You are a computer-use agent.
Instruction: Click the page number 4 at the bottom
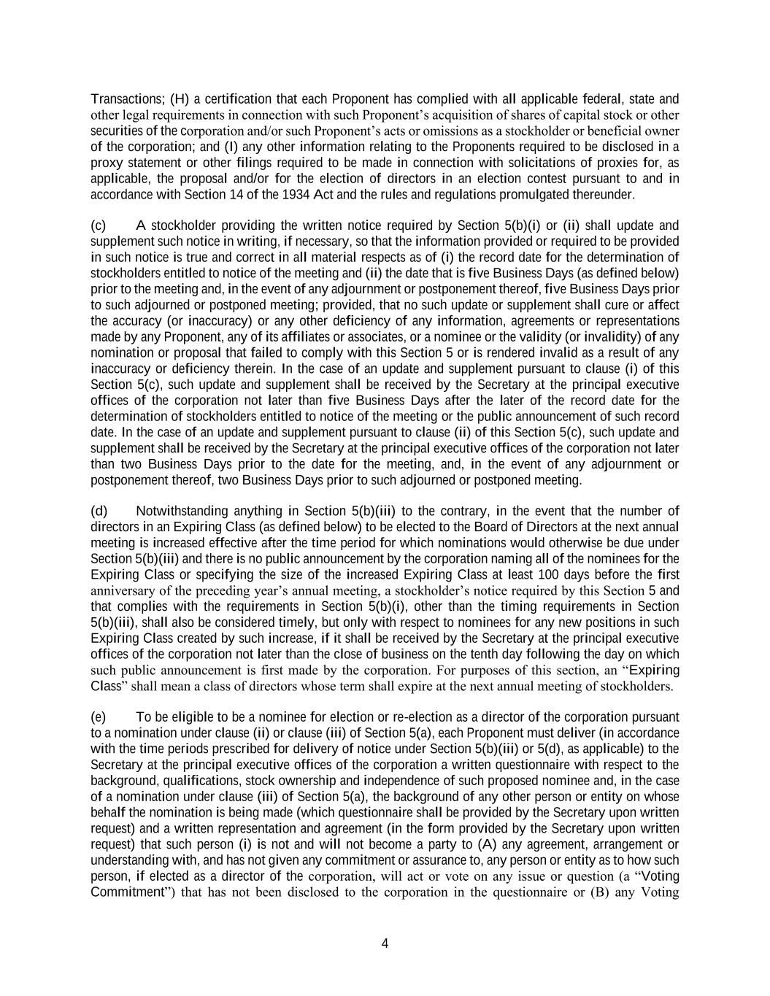click(x=385, y=943)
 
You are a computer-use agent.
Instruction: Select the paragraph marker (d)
click(x=99, y=511)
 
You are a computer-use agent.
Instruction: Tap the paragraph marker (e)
click(x=99, y=717)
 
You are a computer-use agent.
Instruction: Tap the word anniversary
click(x=120, y=590)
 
